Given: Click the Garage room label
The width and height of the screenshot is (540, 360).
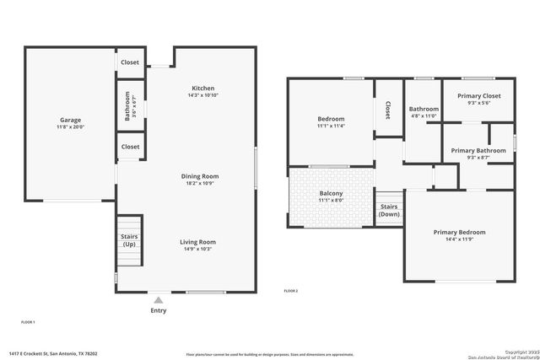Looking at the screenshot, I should point(70,120).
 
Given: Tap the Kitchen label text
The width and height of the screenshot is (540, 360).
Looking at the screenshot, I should point(202,88).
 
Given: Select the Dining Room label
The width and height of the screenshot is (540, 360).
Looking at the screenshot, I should point(200,176).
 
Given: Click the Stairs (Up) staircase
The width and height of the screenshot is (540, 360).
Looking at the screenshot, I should point(129,239).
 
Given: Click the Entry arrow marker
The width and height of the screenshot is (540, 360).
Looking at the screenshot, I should point(158,299).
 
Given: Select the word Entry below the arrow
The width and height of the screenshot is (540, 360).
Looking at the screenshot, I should point(158,310).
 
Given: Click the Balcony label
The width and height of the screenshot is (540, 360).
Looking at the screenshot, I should point(331,193).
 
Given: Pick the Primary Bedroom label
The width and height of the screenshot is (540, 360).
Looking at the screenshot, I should point(459,232).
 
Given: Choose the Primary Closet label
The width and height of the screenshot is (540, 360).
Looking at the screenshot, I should point(478,96).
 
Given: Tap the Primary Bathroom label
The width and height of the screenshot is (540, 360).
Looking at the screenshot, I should point(477,150).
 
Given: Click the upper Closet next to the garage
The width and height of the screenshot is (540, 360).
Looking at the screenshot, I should point(130,62).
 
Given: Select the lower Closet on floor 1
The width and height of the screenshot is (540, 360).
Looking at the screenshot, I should point(130,147).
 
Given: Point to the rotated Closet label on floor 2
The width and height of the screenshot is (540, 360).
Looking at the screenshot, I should point(387,110).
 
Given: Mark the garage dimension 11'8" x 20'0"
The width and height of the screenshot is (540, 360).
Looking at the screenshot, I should point(71,127).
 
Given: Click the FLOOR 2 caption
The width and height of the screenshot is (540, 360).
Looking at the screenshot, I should point(291,291).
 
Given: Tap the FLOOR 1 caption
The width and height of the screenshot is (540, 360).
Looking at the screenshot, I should point(28,322).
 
